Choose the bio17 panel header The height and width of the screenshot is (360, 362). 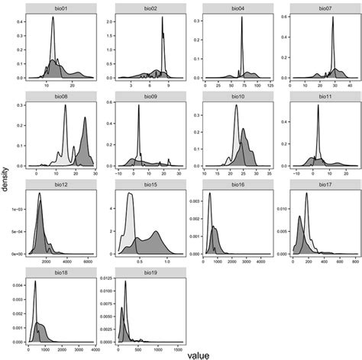pos(322,185)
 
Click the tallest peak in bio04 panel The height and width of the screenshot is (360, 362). pos(242,18)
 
